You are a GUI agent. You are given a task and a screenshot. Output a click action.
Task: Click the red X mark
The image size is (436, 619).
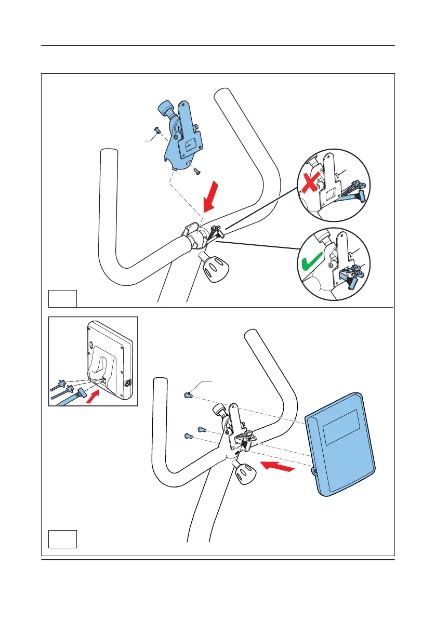coord(308,185)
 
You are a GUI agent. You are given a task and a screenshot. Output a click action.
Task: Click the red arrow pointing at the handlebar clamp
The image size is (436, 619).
coord(214,197)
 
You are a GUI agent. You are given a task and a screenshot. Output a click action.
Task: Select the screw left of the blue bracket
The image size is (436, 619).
coord(157,130)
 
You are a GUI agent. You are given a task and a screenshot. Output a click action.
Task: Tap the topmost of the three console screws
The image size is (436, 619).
coord(188,396)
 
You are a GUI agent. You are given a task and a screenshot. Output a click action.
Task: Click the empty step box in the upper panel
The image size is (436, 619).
coord(62,298)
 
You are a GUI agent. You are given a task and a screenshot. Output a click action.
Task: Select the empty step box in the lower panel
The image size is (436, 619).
coord(62,538)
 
